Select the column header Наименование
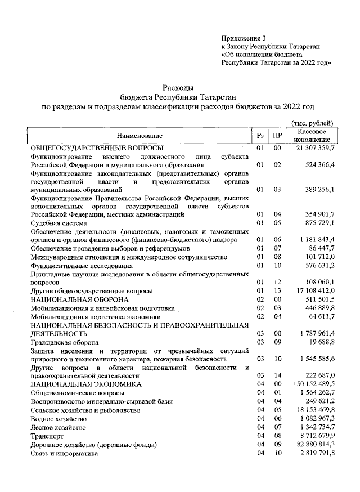click(x=139, y=136)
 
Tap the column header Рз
click(x=260, y=136)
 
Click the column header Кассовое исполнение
click(x=312, y=135)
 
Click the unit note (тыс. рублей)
click(x=312, y=123)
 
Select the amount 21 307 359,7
click(x=312, y=147)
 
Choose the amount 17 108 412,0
click(x=312, y=291)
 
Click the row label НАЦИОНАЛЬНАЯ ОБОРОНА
click(x=72, y=299)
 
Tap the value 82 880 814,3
click(x=312, y=444)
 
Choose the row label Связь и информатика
click(x=62, y=453)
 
